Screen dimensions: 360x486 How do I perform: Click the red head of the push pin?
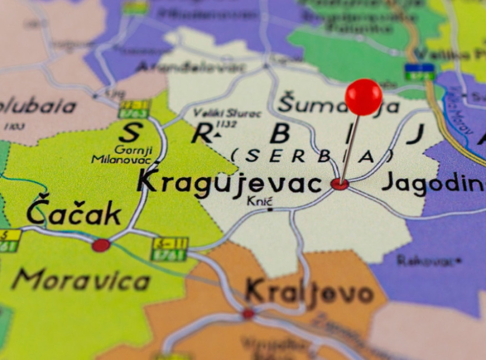click(363, 97)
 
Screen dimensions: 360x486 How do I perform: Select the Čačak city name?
click(74, 213)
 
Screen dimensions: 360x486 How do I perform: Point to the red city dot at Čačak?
click(101, 245)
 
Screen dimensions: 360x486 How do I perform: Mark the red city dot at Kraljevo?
click(248, 313)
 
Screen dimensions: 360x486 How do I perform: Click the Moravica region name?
click(81, 281)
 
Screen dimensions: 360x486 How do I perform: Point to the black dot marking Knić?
click(270, 209)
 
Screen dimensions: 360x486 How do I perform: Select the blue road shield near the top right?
click(420, 72)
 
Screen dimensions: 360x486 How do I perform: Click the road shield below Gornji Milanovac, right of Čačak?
click(169, 249)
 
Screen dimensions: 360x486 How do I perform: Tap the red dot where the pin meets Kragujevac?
click(339, 184)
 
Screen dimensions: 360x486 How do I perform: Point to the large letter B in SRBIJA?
click(280, 134)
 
